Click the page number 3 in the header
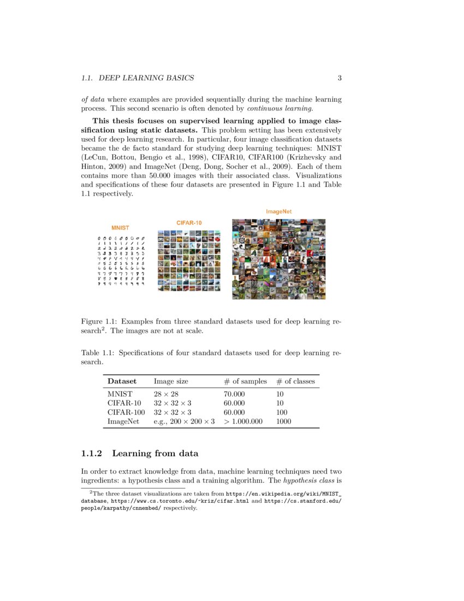pyautogui.click(x=340, y=78)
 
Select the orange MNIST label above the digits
pyautogui.click(x=120, y=227)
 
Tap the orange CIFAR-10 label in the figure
pyautogui.click(x=189, y=223)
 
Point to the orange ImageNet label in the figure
pyautogui.click(x=278, y=211)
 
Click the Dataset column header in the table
pyautogui.click(x=122, y=381)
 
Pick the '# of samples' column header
pyautogui.click(x=245, y=381)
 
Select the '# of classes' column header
pyautogui.click(x=295, y=381)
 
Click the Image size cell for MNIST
pyautogui.click(x=166, y=394)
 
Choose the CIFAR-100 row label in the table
pyautogui.click(x=126, y=413)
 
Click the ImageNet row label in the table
pyautogui.click(x=123, y=422)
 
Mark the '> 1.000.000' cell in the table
pyautogui.click(x=243, y=422)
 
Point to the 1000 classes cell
pyautogui.click(x=283, y=422)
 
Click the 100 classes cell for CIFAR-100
pyautogui.click(x=282, y=413)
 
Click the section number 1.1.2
pyautogui.click(x=92, y=454)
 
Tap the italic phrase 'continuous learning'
pyautogui.click(x=276, y=109)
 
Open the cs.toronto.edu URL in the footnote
pyautogui.click(x=160, y=500)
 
